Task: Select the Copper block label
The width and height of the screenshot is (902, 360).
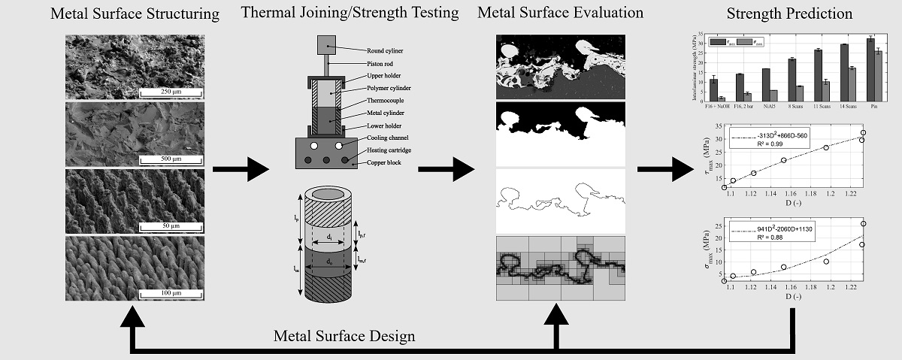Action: [386, 162]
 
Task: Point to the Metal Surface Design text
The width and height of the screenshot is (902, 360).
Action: [344, 335]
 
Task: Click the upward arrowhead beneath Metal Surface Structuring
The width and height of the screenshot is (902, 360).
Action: [133, 316]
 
